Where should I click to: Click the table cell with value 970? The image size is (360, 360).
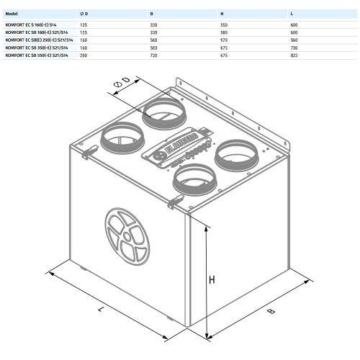225,39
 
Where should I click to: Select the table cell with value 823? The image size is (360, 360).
294,54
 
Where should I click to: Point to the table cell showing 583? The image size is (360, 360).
153,47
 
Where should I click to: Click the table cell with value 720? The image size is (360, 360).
153,54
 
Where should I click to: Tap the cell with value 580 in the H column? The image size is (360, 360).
225,32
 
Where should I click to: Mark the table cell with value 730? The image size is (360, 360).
294,47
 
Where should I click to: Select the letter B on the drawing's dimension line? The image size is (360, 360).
271,312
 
